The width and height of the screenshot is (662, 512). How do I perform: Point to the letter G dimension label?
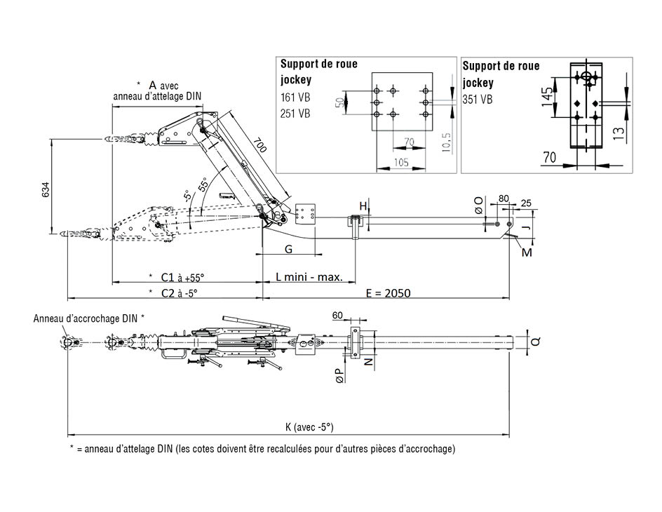tap(288, 250)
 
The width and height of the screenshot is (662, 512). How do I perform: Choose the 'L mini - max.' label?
tap(309, 277)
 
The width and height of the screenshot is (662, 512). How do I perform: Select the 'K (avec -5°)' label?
tap(309, 426)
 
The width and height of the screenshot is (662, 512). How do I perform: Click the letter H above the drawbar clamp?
tap(363, 206)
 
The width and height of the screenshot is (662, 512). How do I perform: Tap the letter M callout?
tap(527, 252)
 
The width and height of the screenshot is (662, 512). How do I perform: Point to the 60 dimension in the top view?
tap(337, 316)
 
